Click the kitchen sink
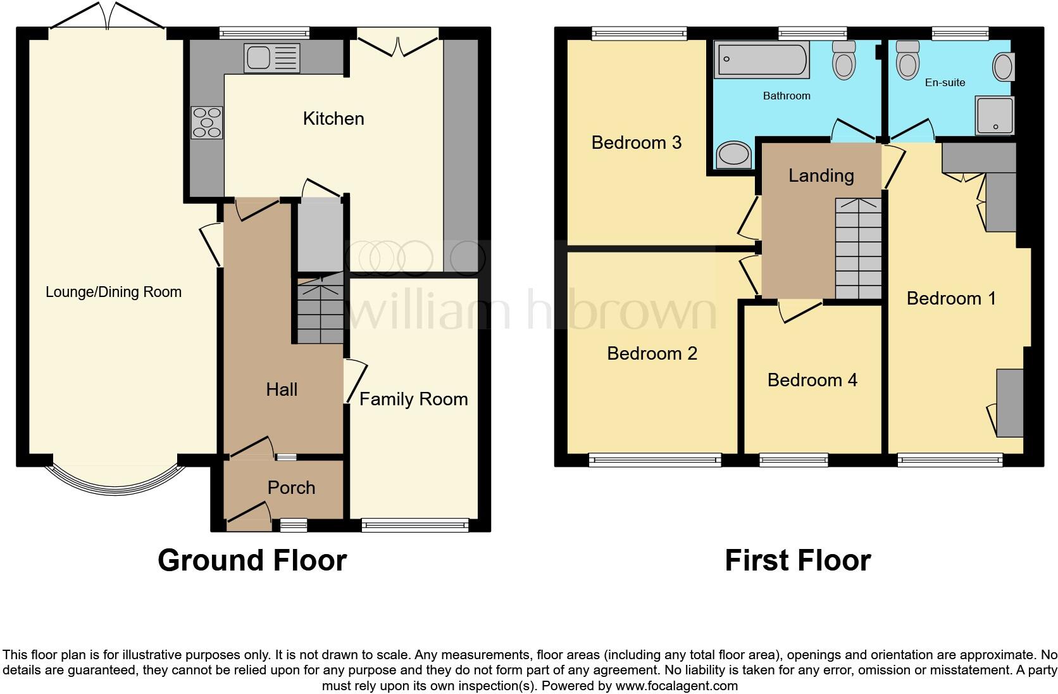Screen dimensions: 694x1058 (x=271, y=58)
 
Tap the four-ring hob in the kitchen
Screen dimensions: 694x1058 (x=207, y=122)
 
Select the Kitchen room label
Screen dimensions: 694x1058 (x=333, y=118)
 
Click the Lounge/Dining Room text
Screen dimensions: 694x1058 (x=113, y=292)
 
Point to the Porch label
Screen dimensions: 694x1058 (x=291, y=488)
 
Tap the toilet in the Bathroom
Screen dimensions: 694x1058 (x=844, y=60)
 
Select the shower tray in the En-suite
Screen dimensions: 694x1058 (x=994, y=115)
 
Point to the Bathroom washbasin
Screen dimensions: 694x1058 (x=734, y=155)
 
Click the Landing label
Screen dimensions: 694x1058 (x=821, y=175)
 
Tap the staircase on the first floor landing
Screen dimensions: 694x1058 (x=858, y=248)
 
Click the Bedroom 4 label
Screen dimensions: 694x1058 (x=812, y=380)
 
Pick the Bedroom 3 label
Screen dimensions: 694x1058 (x=636, y=142)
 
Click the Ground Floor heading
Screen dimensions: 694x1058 (x=252, y=560)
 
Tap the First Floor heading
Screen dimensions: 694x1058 (x=797, y=560)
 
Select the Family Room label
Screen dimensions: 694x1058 (x=413, y=399)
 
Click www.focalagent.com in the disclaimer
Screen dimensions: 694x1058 (x=676, y=685)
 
